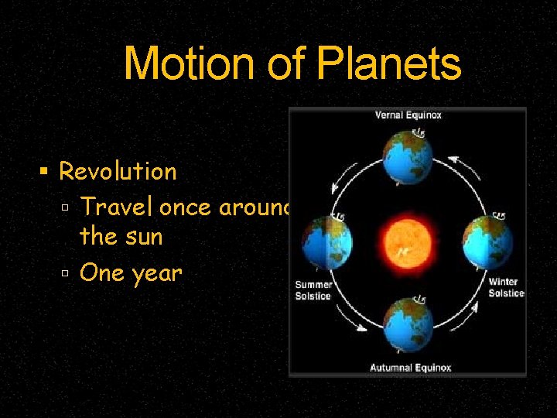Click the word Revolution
(x=118, y=171)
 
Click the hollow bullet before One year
(x=67, y=272)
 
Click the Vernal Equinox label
(x=408, y=115)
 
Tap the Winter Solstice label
(x=506, y=287)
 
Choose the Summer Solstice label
(x=313, y=290)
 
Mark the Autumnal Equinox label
(x=410, y=367)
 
